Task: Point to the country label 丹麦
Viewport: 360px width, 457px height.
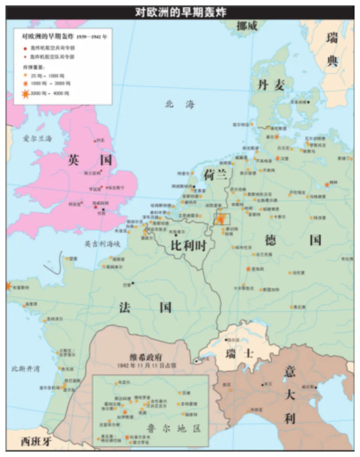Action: coord(271,85)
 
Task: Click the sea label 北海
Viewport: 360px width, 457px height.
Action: coord(179,103)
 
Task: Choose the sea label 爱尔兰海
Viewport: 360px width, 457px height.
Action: coord(37,138)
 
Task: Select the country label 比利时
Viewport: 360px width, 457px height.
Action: coord(188,245)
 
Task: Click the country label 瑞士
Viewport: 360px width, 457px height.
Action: coord(240,354)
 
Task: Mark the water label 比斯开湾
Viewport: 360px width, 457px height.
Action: coord(25,369)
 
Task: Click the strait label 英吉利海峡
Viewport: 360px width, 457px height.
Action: coord(102,244)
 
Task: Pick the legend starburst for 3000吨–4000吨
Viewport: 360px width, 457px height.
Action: coord(26,92)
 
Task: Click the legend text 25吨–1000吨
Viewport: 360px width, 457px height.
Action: coord(50,74)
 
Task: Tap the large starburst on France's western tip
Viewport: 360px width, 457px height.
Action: coord(8,286)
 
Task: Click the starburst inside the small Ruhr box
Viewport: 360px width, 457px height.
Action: coord(222,218)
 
